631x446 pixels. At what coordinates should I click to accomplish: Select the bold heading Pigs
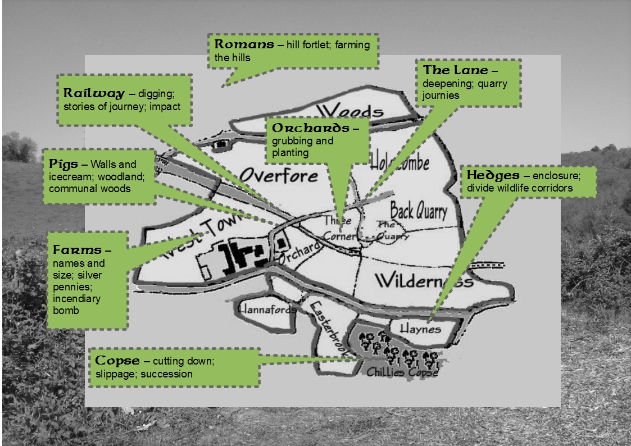[x=63, y=165]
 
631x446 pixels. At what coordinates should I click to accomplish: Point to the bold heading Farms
[x=78, y=250]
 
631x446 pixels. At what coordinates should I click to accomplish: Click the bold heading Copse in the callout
[x=116, y=361]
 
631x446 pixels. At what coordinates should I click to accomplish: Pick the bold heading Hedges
[x=493, y=176]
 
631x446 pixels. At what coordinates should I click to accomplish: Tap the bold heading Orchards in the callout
[x=310, y=128]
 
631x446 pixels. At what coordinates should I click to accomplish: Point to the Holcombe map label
[x=400, y=162]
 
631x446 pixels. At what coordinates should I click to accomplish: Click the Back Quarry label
[x=419, y=211]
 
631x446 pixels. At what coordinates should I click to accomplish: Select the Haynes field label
[x=420, y=329]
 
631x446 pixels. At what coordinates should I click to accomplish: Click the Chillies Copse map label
[x=402, y=372]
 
